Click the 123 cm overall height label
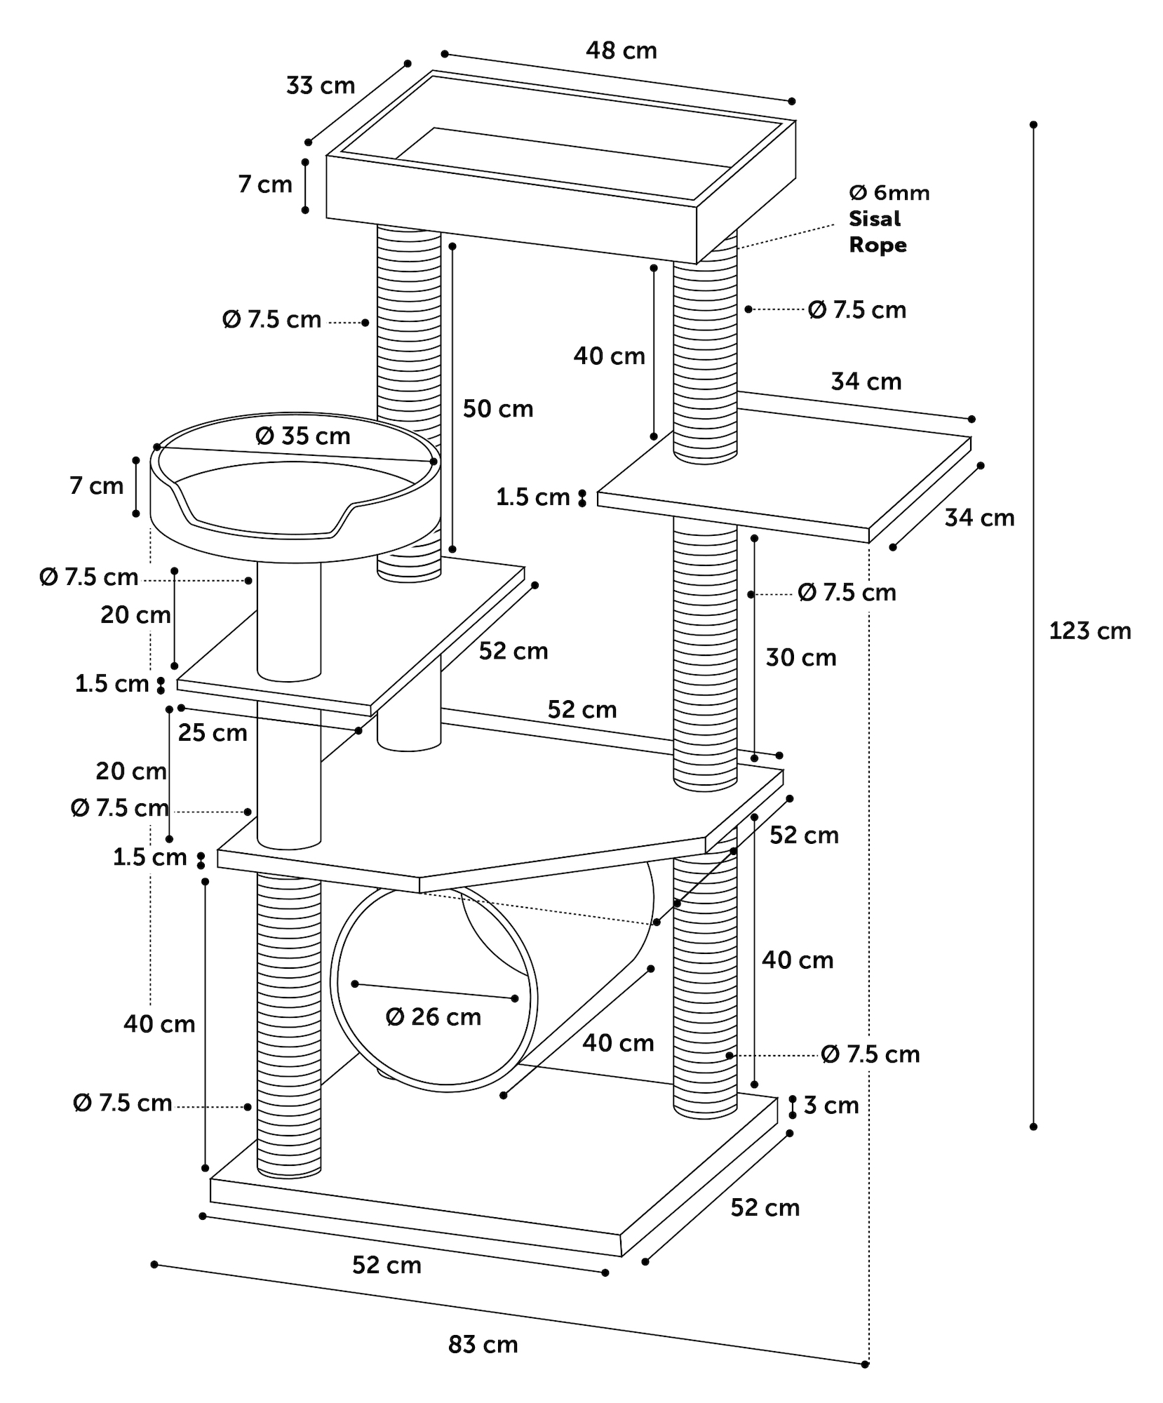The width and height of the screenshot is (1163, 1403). [x=1089, y=631]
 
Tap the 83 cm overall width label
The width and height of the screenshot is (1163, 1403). [x=483, y=1345]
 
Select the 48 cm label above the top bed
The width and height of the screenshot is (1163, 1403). [x=621, y=51]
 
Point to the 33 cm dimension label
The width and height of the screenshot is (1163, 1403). [x=321, y=86]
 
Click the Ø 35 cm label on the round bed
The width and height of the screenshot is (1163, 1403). [x=303, y=436]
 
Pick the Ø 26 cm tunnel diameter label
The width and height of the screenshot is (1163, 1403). [x=433, y=1017]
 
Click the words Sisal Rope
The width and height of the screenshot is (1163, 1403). [x=877, y=232]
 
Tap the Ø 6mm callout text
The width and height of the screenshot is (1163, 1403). [x=889, y=193]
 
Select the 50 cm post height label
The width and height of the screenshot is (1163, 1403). [x=498, y=409]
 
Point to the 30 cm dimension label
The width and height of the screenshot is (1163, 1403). [x=800, y=658]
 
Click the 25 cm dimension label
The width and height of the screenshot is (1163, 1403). [x=213, y=733]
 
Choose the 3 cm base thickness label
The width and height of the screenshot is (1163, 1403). [x=831, y=1106]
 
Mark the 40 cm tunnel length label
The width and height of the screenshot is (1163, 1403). [x=618, y=1043]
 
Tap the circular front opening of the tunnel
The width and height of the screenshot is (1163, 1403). [x=433, y=989]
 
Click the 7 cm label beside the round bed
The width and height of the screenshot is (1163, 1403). [x=96, y=485]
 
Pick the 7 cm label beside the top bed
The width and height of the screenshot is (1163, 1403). [x=264, y=184]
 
